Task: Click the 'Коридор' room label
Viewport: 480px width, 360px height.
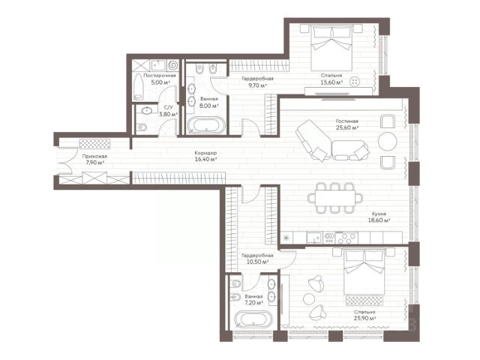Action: pyautogui.click(x=205, y=153)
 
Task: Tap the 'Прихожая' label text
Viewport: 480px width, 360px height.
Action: pyautogui.click(x=94, y=156)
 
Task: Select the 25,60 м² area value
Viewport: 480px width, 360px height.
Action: pyautogui.click(x=347, y=127)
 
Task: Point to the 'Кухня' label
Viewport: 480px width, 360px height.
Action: pyautogui.click(x=379, y=214)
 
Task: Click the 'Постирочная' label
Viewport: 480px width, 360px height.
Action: pyautogui.click(x=160, y=75)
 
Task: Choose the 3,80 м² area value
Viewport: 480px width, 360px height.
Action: pyautogui.click(x=168, y=114)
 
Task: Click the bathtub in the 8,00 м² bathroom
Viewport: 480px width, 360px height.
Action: pyautogui.click(x=206, y=125)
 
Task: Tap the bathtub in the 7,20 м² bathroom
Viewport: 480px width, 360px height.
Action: pyautogui.click(x=253, y=320)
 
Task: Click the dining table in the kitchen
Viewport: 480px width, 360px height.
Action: pyautogui.click(x=335, y=198)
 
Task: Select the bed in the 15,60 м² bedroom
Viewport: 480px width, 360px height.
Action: pyautogui.click(x=331, y=47)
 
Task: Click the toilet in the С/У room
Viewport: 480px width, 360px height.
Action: pyautogui.click(x=142, y=127)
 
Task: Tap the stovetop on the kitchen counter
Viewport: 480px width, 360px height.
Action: pyautogui.click(x=346, y=238)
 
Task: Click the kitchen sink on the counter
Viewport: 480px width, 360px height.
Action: pyautogui.click(x=314, y=238)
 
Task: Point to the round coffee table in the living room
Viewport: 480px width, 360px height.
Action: pyautogui.click(x=388, y=141)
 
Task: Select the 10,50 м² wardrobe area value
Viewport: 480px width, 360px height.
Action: pyautogui.click(x=257, y=262)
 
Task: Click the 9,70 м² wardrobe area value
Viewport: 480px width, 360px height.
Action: pyautogui.click(x=257, y=85)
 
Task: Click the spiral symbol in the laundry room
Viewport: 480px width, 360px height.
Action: pyautogui.click(x=172, y=65)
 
